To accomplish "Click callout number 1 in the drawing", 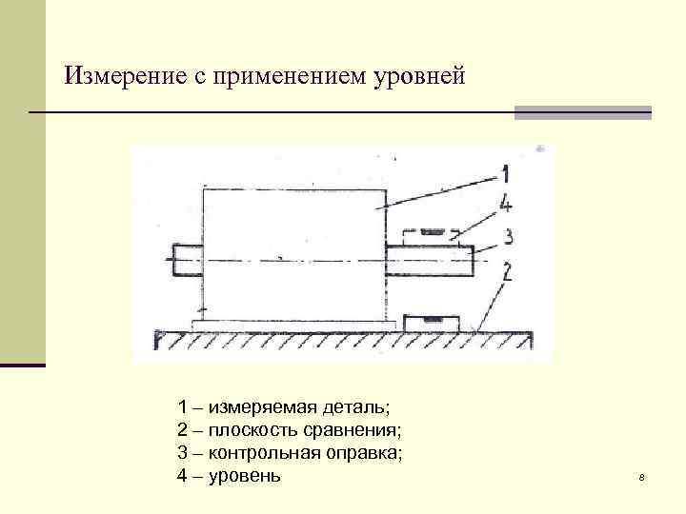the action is tap(505, 173).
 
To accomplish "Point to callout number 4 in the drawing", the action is tap(506, 202).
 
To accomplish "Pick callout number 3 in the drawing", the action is tap(509, 235).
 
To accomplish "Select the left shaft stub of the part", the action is tap(188, 260).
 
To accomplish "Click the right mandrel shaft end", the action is tap(429, 260).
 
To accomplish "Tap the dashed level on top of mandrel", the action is tap(431, 234).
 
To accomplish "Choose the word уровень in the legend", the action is tap(245, 475).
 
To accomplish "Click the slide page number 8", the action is tap(642, 477).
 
